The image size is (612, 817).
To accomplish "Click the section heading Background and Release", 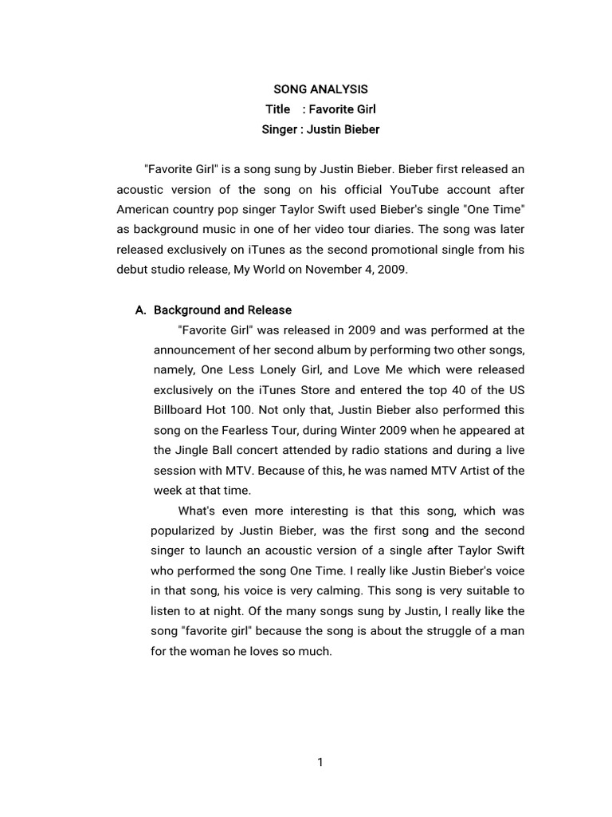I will tap(222, 310).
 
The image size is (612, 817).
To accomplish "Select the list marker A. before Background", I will tap(142, 310).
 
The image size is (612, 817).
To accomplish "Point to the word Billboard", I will tap(179, 410).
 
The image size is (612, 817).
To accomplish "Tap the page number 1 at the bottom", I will tap(320, 762).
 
